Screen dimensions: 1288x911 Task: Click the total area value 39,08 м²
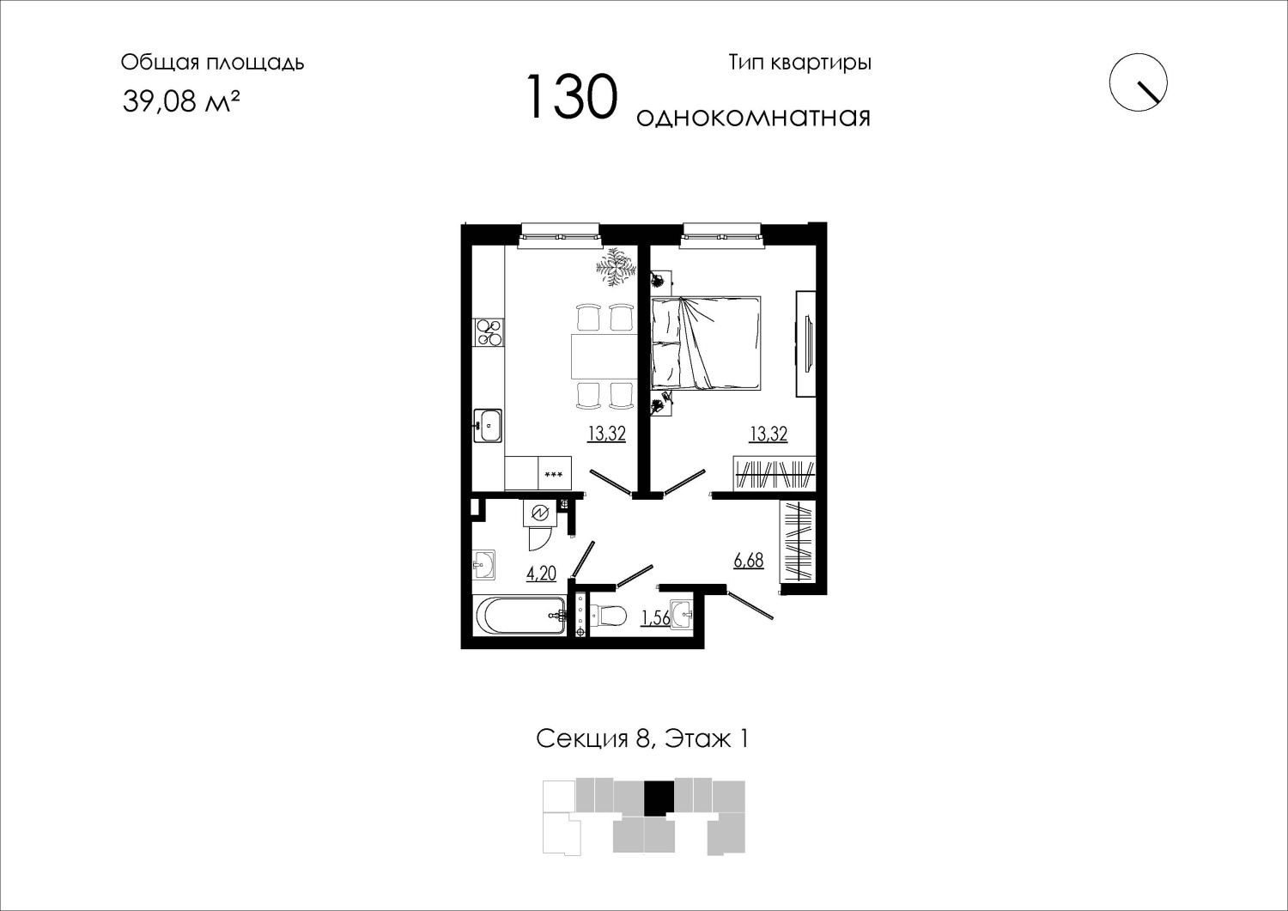pyautogui.click(x=181, y=101)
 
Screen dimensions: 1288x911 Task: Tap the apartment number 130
pyautogui.click(x=572, y=97)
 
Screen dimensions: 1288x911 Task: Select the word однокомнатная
pyautogui.click(x=753, y=117)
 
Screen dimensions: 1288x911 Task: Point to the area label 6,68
pyautogui.click(x=749, y=560)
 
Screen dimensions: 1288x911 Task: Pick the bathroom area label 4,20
pyautogui.click(x=541, y=574)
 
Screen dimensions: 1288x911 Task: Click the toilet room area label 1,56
pyautogui.click(x=655, y=617)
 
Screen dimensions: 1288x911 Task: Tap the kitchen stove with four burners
pyautogui.click(x=489, y=332)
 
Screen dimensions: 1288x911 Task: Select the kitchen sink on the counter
pyautogui.click(x=488, y=426)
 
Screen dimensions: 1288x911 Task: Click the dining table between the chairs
pyautogui.click(x=605, y=355)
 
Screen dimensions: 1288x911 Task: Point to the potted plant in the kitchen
pyautogui.click(x=616, y=267)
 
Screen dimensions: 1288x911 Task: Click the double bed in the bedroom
pyautogui.click(x=706, y=343)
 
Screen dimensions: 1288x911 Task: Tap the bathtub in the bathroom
pyautogui.click(x=519, y=616)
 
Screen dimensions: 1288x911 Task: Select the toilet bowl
pyautogui.click(x=609, y=616)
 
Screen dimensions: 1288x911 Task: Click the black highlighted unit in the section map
pyautogui.click(x=659, y=798)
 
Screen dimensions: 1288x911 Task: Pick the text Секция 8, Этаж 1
pyautogui.click(x=642, y=739)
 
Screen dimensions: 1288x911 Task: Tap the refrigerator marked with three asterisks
pyautogui.click(x=555, y=473)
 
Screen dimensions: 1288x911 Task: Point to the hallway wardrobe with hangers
pyautogui.click(x=799, y=541)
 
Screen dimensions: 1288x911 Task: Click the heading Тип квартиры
pyautogui.click(x=799, y=63)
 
